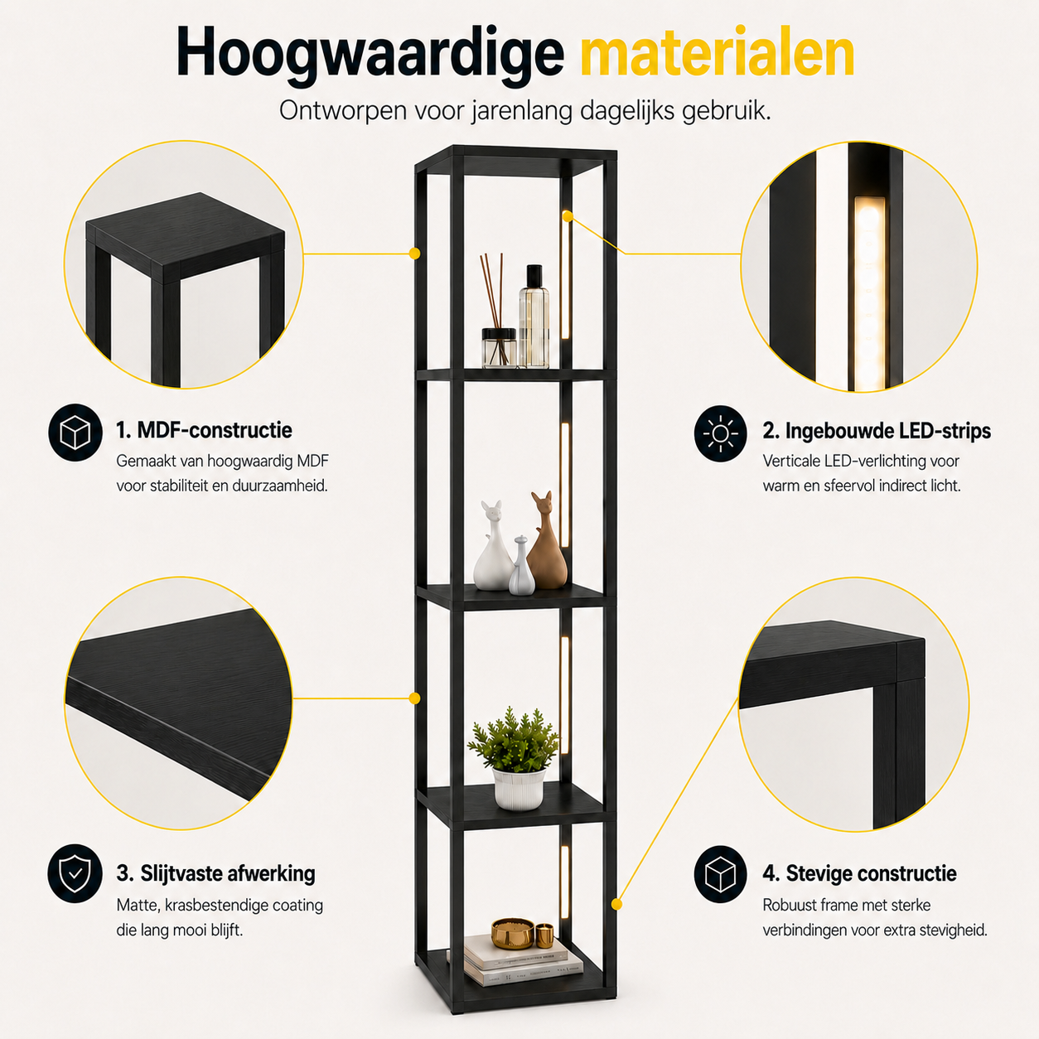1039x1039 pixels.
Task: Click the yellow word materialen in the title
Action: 718,51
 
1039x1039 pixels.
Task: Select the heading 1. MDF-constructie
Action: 204,430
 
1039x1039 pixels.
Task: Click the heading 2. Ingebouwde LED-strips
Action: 876,432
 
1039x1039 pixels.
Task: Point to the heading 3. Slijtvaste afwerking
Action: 215,874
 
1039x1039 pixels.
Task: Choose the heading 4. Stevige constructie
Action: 859,873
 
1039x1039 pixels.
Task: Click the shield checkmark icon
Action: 75,873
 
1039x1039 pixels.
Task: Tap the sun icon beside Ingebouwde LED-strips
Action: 720,433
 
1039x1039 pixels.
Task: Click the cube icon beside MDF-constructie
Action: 75,433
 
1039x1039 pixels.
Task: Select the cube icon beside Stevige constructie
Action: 720,873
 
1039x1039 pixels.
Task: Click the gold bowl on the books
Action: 513,933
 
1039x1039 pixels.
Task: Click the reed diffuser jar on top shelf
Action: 499,348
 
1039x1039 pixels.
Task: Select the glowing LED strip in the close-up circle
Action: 869,294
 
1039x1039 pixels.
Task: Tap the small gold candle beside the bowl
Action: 544,935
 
